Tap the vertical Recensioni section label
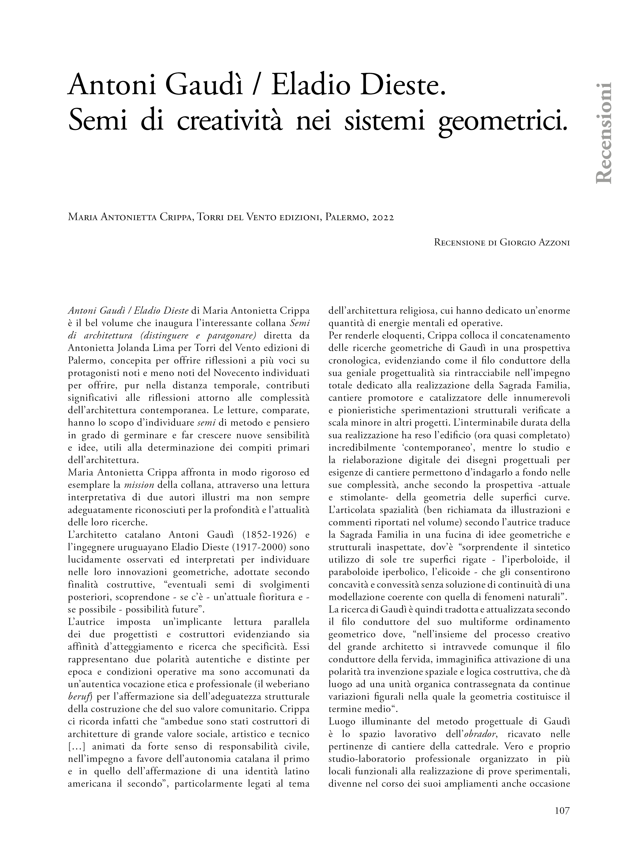(x=604, y=133)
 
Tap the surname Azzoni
(x=554, y=242)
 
